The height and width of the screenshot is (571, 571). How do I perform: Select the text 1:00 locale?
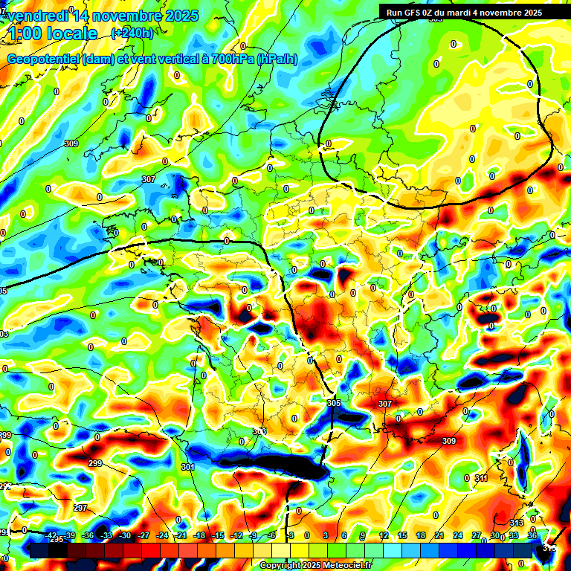52,33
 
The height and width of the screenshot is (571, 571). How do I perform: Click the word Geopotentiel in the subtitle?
44,59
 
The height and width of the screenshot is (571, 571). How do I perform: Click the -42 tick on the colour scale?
50,535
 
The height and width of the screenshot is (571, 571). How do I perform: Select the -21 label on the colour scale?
181,535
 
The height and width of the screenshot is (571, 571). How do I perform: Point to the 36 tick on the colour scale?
532,535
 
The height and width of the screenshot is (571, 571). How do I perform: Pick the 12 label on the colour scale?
383,535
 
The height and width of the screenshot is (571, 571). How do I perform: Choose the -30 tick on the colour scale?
125,535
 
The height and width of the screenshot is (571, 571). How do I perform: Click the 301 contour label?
187,467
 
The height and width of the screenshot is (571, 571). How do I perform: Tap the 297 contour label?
80,508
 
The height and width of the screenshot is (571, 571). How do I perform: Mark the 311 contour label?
481,478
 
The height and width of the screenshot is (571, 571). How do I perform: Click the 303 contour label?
259,431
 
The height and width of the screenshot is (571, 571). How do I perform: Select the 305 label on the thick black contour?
334,402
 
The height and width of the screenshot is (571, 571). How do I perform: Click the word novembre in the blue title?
123,16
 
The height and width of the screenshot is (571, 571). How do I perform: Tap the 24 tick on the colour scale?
458,535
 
